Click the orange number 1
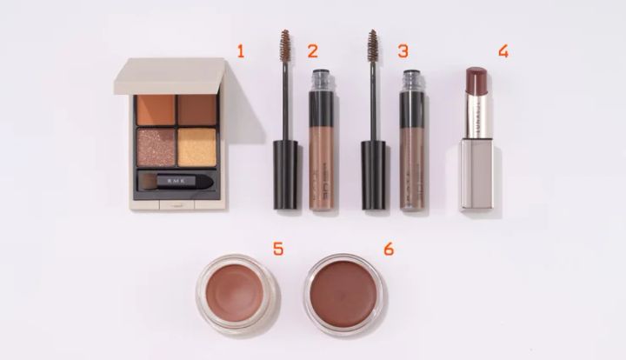240,51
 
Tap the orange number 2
312,51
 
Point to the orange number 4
503,51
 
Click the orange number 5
277,250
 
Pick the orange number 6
388,250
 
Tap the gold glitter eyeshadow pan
196,146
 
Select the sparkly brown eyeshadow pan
156,146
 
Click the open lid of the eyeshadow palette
170,75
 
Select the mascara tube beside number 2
321,139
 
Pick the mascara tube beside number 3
412,139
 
